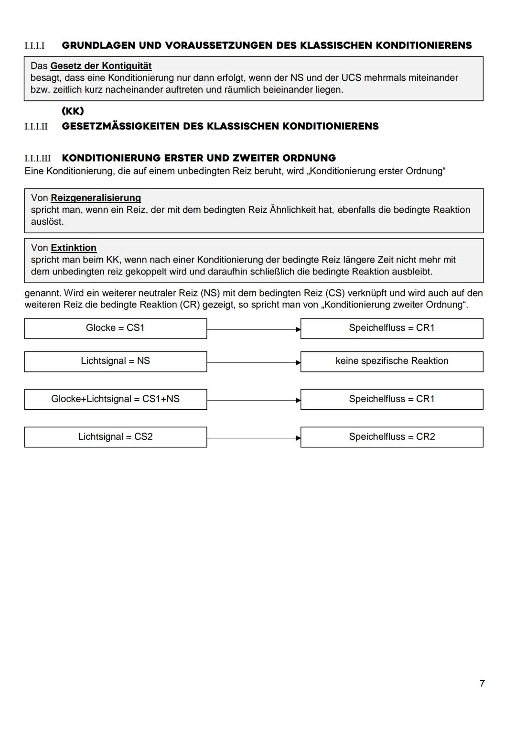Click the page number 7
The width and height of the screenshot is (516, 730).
(482, 684)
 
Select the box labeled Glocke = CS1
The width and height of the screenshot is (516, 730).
(115, 328)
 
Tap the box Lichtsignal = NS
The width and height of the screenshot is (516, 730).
(115, 361)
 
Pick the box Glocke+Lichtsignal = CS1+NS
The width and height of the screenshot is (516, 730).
(115, 399)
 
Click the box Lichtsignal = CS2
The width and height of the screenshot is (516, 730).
(115, 437)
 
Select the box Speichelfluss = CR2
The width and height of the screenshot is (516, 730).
(392, 437)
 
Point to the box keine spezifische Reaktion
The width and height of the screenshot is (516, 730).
(392, 361)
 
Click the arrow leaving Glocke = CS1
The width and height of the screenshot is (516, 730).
(254, 329)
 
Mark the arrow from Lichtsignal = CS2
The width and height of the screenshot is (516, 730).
(254, 438)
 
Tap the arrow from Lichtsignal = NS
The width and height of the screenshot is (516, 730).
(254, 362)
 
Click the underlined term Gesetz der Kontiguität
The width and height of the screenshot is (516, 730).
(101, 66)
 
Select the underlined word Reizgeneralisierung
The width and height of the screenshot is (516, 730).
(96, 198)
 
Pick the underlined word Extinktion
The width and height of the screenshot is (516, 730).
(74, 248)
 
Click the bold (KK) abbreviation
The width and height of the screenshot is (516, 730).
(73, 111)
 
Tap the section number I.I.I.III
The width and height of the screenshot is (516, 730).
(37, 158)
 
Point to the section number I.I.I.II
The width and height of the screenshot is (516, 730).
(36, 127)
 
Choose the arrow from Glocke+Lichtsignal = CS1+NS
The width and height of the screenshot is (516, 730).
(254, 400)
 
